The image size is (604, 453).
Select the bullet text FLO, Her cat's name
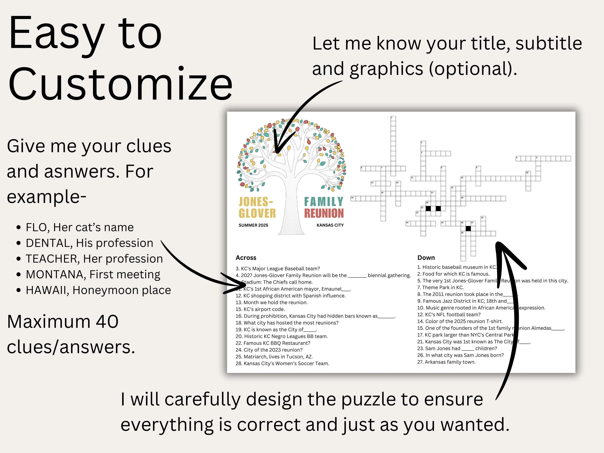pyautogui.click(x=80, y=227)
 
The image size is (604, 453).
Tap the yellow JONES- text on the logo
pyautogui.click(x=256, y=202)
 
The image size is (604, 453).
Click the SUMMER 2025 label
pyautogui.click(x=253, y=225)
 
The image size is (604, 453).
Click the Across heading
pyautogui.click(x=246, y=258)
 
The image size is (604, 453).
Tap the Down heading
pyautogui.click(x=426, y=258)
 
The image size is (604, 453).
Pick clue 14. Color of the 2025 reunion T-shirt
pyautogui.click(x=460, y=321)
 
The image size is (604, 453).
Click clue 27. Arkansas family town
pyautogui.click(x=446, y=362)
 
